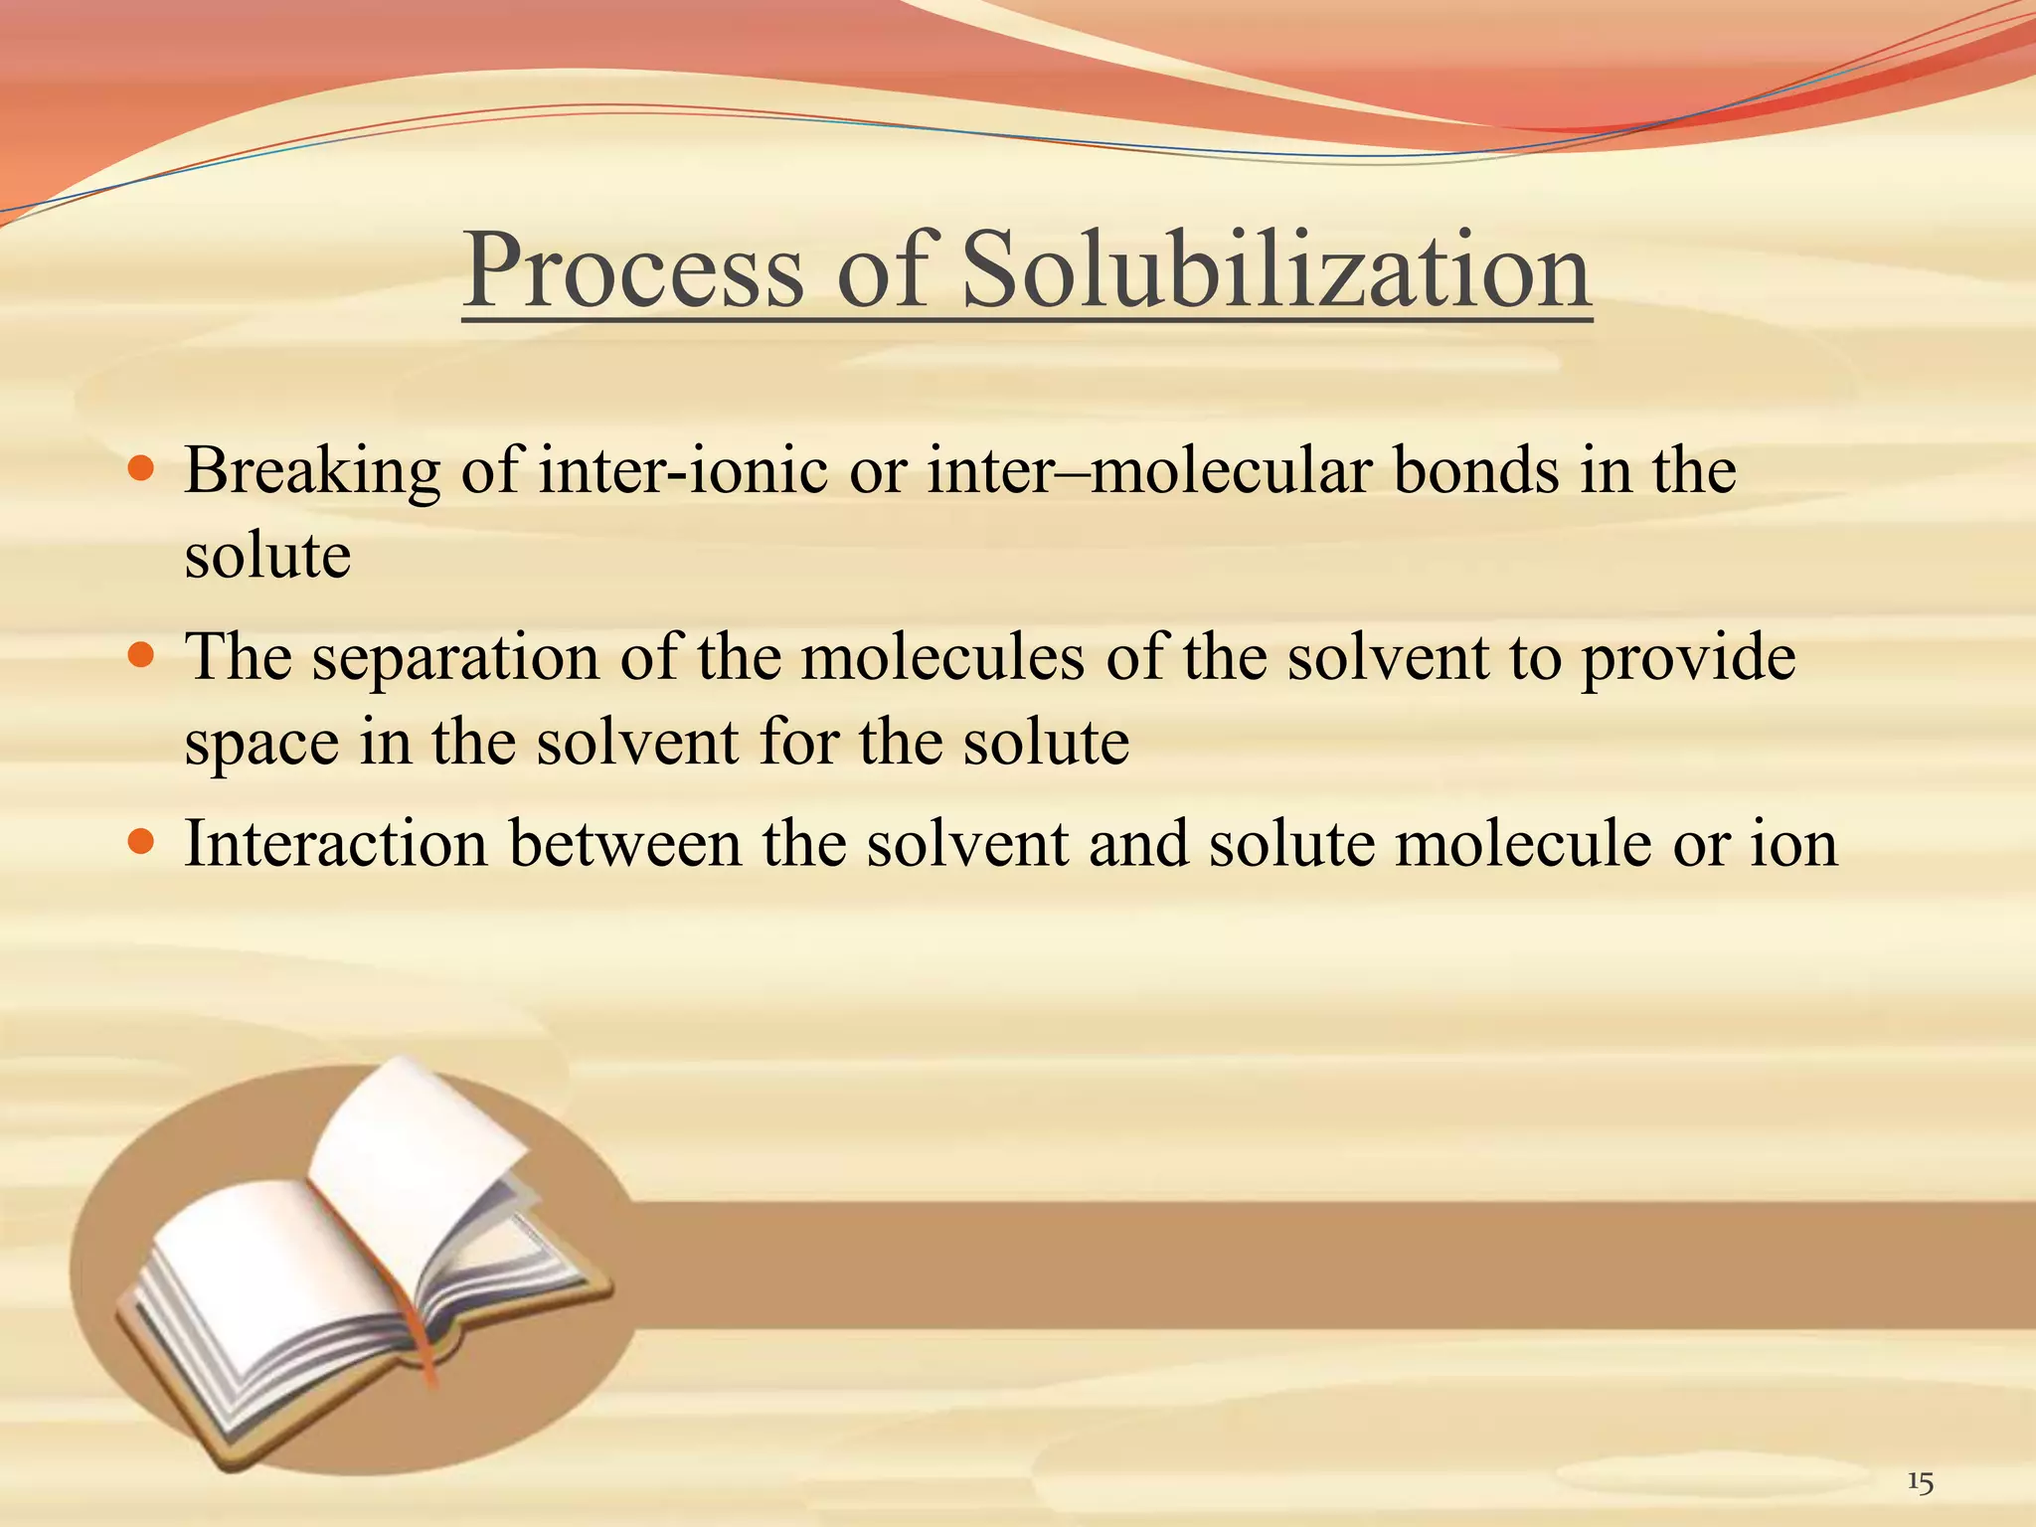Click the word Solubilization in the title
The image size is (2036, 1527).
1276,270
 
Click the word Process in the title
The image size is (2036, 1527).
633,270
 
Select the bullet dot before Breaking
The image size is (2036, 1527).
142,467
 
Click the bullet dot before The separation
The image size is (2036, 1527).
142,655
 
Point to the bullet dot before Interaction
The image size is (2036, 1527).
142,843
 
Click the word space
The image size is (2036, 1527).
261,744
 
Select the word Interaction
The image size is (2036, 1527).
336,844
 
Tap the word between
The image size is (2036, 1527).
625,844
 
